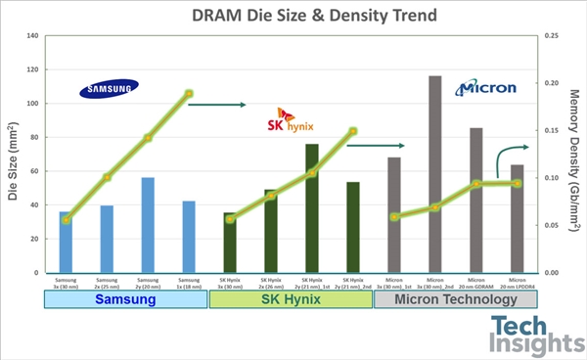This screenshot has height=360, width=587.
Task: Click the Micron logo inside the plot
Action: (x=485, y=89)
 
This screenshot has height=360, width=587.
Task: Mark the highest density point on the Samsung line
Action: (x=189, y=94)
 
